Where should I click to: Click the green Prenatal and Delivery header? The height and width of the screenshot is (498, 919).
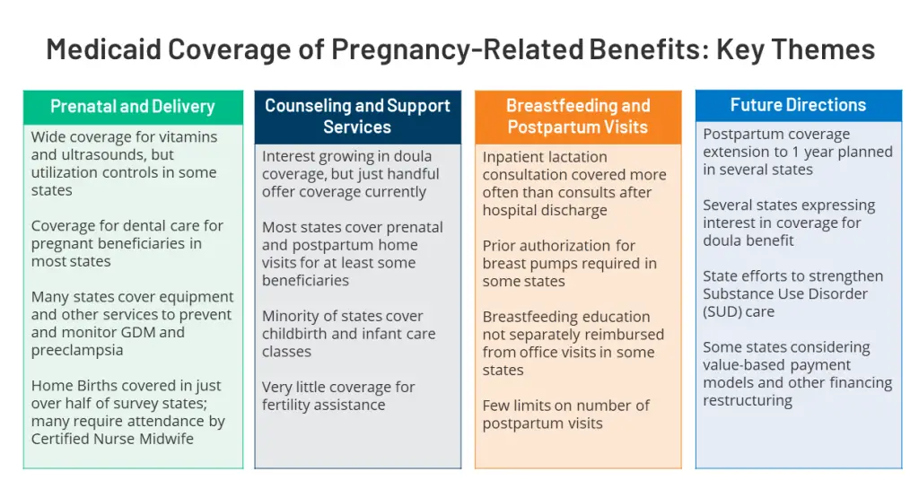133,107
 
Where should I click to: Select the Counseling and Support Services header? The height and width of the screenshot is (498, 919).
357,117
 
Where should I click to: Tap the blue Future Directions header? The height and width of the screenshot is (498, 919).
798,105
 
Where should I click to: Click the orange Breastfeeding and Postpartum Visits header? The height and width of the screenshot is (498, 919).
577,117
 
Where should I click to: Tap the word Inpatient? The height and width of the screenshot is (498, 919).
515,157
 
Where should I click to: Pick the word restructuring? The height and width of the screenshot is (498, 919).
748,400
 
